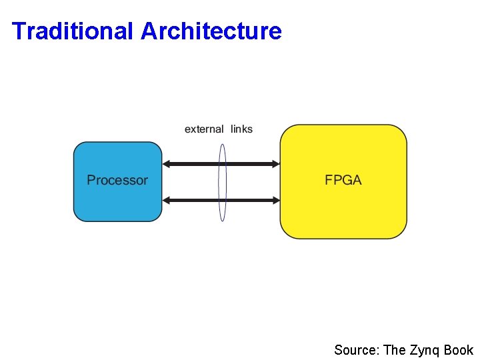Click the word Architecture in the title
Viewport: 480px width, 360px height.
(x=211, y=31)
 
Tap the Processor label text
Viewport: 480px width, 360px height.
(x=117, y=180)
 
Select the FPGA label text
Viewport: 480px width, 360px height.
(x=343, y=180)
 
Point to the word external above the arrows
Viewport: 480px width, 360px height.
(x=204, y=129)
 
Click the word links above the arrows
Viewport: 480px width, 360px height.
(x=242, y=129)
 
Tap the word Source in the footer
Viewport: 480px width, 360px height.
(x=356, y=350)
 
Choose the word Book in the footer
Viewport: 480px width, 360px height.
(x=459, y=350)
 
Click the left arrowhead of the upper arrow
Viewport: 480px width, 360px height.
(x=167, y=164)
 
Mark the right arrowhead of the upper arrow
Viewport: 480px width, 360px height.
(x=275, y=164)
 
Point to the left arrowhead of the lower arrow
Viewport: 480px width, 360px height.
(x=167, y=200)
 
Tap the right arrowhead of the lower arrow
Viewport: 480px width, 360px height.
(x=275, y=200)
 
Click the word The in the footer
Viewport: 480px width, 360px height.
(x=394, y=350)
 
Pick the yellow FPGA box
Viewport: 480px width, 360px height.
(x=343, y=213)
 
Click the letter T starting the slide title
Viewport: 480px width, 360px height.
(x=18, y=31)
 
